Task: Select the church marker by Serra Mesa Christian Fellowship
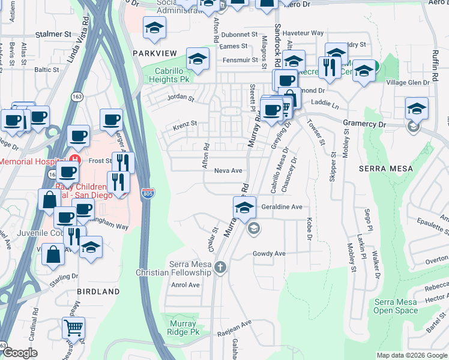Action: click(220, 267)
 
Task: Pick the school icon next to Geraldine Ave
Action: click(244, 208)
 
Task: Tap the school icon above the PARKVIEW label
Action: click(154, 28)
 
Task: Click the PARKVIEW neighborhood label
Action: click(155, 53)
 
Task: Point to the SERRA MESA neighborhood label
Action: click(385, 169)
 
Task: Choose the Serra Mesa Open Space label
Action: click(396, 306)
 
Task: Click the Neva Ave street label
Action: click(228, 171)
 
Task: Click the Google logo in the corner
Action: click(20, 353)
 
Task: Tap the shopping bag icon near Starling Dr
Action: click(53, 254)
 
